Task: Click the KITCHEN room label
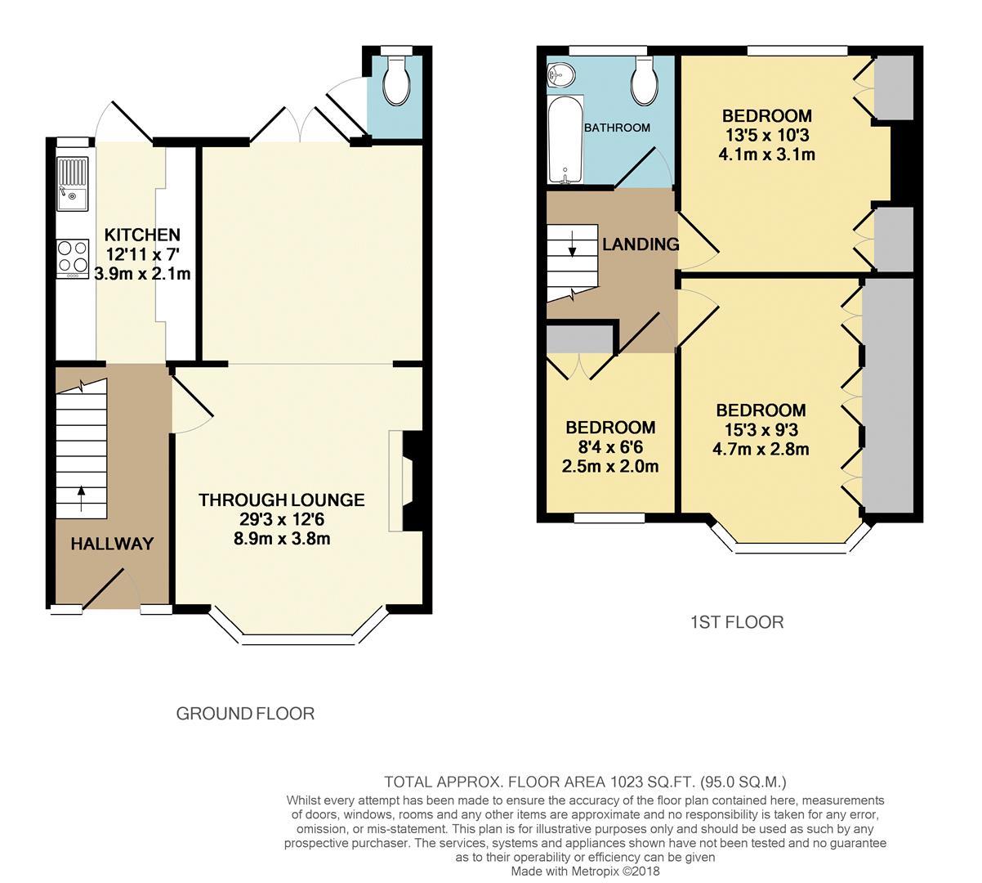coord(142,235)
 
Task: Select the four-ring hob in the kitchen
coord(73,256)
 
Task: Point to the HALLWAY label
coord(112,544)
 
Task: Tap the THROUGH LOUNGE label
coord(281,500)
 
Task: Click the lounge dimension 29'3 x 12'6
coord(281,519)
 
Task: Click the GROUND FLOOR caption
coord(245,714)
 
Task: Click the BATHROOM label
coord(617,128)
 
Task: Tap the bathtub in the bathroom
coord(565,139)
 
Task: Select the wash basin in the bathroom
coord(560,76)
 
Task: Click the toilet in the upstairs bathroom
coord(643,83)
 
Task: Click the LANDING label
coord(641,244)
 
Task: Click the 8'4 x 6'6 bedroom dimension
coord(610,447)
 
